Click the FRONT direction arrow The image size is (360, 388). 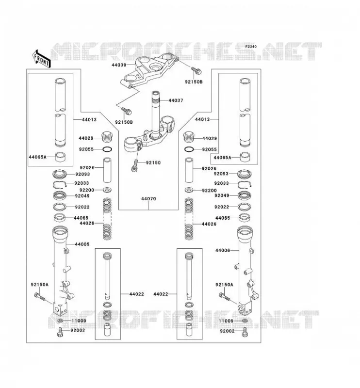(41, 59)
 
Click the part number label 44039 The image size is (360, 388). (119, 65)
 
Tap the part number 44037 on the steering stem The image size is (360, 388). (176, 100)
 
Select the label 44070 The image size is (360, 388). (148, 199)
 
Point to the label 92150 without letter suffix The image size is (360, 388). (153, 162)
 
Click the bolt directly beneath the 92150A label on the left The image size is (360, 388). (40, 296)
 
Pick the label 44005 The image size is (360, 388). (82, 244)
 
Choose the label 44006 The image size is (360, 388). (223, 250)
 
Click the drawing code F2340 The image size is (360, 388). (251, 47)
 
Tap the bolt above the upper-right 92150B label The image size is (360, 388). (196, 70)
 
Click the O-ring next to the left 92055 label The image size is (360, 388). (107, 149)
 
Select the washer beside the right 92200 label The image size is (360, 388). (189, 190)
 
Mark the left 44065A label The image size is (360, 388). (38, 157)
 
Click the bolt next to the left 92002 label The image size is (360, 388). (60, 332)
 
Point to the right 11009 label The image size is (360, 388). (226, 321)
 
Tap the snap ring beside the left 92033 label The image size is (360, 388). (60, 185)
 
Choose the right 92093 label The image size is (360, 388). (221, 174)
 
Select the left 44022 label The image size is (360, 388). (136, 294)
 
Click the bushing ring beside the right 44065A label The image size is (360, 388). (245, 157)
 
